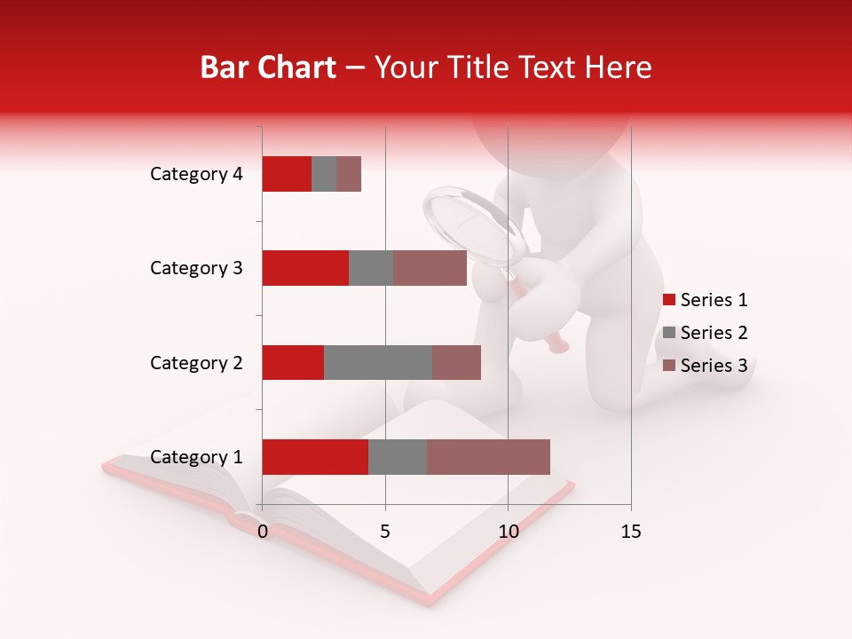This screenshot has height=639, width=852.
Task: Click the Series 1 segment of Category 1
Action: point(315,457)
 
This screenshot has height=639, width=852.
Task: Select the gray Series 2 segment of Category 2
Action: point(378,362)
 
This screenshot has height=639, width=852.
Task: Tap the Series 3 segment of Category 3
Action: point(430,268)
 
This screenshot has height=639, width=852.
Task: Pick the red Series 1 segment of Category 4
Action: point(287,174)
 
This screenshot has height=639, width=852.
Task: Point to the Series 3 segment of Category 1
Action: point(488,457)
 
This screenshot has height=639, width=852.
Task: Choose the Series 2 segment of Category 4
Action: point(324,174)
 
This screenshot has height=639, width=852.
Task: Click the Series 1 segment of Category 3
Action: point(305,268)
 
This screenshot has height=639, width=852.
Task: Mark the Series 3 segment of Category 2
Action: point(456,362)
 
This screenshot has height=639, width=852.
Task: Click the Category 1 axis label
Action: point(196,457)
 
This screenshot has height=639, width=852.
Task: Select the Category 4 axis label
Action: point(196,174)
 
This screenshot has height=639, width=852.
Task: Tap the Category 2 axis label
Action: point(196,363)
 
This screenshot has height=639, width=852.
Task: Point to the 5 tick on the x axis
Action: point(385,532)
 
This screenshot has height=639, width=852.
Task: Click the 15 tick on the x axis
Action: point(630,532)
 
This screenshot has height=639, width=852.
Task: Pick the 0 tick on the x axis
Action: point(263,532)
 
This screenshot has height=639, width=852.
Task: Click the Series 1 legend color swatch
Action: point(668,300)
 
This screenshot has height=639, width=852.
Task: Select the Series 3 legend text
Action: point(714,366)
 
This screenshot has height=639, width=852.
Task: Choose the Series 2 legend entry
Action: point(706,333)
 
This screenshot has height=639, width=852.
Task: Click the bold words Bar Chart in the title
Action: point(268,67)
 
